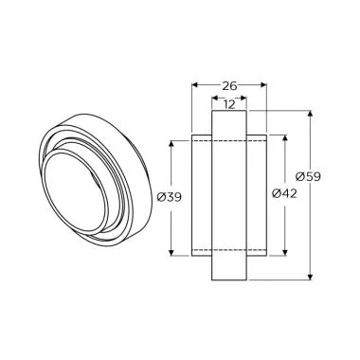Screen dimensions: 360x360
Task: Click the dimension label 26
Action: (x=229, y=85)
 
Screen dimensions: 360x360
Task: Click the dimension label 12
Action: (x=229, y=104)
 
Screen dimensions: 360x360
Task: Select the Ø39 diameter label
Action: (x=170, y=198)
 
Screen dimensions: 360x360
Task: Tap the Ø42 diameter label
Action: (x=284, y=193)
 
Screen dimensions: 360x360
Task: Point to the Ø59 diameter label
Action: (x=308, y=176)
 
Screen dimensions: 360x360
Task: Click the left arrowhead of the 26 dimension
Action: (x=195, y=85)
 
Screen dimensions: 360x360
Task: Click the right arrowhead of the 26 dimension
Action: (x=264, y=85)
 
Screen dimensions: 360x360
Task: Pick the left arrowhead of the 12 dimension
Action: (x=214, y=98)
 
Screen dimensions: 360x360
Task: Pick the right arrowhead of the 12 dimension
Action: (x=243, y=98)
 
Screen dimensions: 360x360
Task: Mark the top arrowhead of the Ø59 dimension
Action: (x=311, y=114)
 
